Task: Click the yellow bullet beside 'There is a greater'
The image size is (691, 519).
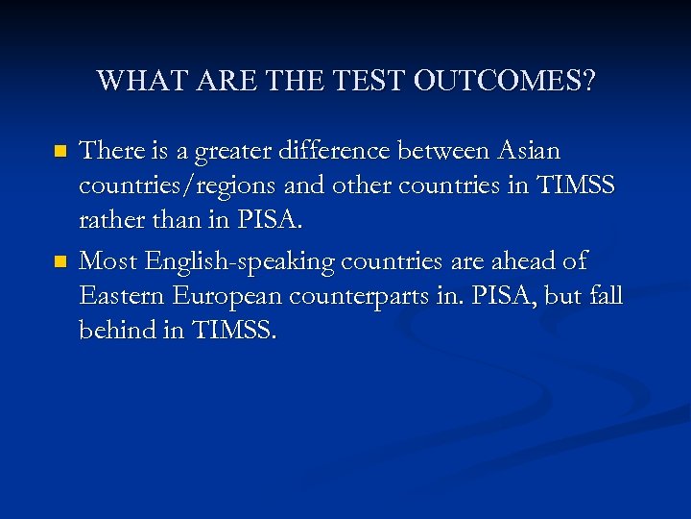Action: coord(60,152)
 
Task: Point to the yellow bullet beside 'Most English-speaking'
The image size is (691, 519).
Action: coord(60,261)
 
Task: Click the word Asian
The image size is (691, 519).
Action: coord(529,151)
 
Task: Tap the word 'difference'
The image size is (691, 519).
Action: coord(330,151)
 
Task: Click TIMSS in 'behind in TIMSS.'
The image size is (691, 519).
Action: coord(234,332)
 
